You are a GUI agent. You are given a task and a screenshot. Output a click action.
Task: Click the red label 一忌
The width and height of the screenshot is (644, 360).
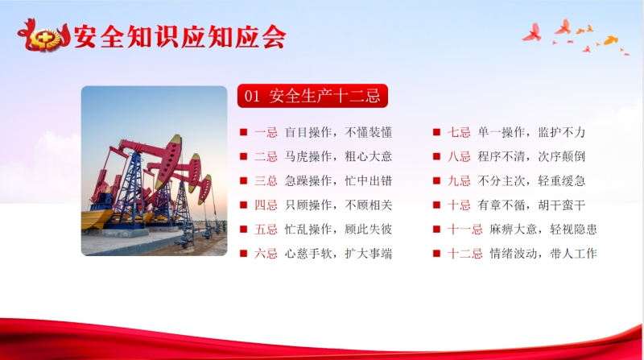click(266, 132)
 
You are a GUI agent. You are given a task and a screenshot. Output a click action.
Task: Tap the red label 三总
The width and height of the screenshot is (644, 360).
click(266, 181)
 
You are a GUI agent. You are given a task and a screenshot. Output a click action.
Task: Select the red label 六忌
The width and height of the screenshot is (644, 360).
click(266, 254)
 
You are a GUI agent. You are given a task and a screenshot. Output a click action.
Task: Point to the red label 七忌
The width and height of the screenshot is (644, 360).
click(459, 132)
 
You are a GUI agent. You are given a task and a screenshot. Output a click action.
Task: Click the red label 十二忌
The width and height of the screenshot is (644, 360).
click(465, 254)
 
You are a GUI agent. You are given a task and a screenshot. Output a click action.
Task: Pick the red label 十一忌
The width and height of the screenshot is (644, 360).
click(465, 230)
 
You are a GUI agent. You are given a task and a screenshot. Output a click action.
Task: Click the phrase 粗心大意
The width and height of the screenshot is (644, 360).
click(369, 156)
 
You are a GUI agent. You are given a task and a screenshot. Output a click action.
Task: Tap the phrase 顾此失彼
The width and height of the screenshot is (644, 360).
click(369, 230)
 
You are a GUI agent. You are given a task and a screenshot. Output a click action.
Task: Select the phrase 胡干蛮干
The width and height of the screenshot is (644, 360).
click(561, 205)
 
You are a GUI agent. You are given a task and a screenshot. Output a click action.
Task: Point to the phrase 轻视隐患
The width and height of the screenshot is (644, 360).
click(573, 230)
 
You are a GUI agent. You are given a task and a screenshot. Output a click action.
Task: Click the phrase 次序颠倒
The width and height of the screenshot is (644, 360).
click(561, 156)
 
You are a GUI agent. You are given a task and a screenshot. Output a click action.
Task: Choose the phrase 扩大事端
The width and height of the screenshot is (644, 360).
click(369, 254)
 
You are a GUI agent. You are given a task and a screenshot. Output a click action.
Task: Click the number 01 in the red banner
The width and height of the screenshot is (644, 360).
click(252, 97)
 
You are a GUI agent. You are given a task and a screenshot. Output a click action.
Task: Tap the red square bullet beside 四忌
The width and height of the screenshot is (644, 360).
click(244, 205)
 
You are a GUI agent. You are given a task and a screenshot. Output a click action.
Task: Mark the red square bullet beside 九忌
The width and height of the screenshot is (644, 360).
click(436, 181)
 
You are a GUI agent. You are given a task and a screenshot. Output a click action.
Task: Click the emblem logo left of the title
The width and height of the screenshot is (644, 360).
click(44, 37)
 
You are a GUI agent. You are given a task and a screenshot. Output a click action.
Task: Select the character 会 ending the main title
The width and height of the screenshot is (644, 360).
click(273, 37)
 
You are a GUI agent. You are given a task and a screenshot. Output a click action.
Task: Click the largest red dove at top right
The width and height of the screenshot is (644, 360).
click(532, 33)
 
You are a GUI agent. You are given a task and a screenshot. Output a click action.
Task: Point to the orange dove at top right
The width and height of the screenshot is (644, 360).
click(610, 39)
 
